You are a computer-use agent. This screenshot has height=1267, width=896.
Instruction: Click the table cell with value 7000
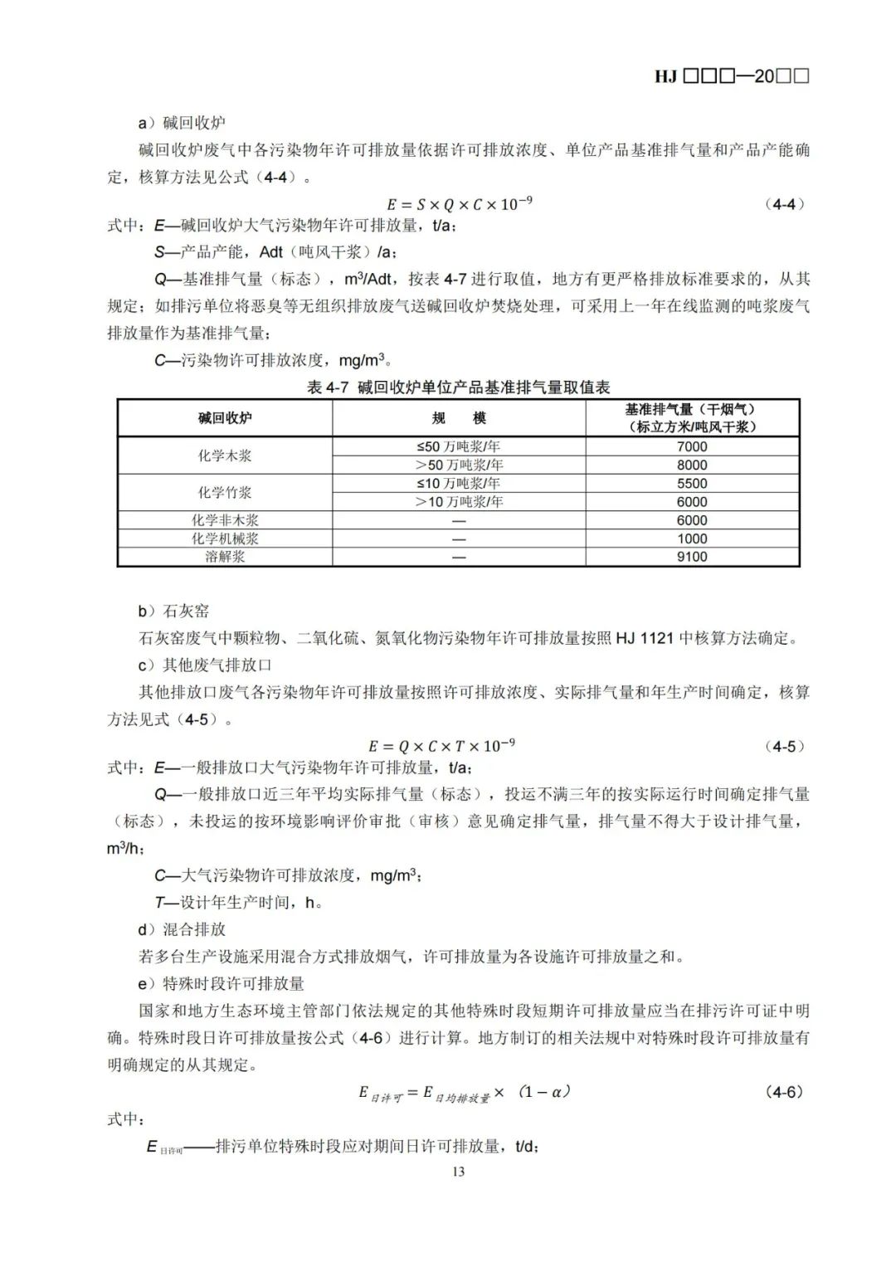click(x=692, y=446)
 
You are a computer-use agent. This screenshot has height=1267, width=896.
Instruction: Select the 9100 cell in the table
click(x=692, y=557)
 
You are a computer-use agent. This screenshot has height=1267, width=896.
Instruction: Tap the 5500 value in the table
click(x=692, y=483)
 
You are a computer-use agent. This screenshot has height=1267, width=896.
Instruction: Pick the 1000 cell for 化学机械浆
click(x=692, y=538)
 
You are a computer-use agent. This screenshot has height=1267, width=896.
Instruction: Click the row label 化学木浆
click(x=225, y=456)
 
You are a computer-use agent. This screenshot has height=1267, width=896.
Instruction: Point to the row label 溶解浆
click(x=225, y=557)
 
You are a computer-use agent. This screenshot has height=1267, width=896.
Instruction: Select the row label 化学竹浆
click(x=225, y=492)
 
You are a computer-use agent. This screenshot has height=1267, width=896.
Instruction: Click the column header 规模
click(x=459, y=418)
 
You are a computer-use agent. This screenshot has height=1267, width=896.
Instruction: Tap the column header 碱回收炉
click(x=225, y=418)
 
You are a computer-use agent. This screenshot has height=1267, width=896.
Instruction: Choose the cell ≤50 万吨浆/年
click(x=459, y=446)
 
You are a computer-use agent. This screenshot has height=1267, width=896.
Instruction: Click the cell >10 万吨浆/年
click(x=459, y=501)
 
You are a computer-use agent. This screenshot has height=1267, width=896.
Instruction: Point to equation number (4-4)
click(x=784, y=204)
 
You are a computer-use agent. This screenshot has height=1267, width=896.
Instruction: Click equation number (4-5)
click(x=784, y=746)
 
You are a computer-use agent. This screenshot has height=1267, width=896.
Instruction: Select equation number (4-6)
click(x=784, y=1092)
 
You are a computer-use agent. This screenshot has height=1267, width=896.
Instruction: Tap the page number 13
click(x=459, y=1172)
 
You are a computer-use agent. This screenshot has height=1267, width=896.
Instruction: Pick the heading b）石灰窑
click(x=174, y=612)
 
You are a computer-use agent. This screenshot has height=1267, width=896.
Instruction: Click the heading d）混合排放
click(x=183, y=929)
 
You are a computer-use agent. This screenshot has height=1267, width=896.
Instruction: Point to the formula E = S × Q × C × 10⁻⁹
click(x=459, y=204)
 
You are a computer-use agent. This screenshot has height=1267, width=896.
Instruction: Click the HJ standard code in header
click(x=731, y=76)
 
